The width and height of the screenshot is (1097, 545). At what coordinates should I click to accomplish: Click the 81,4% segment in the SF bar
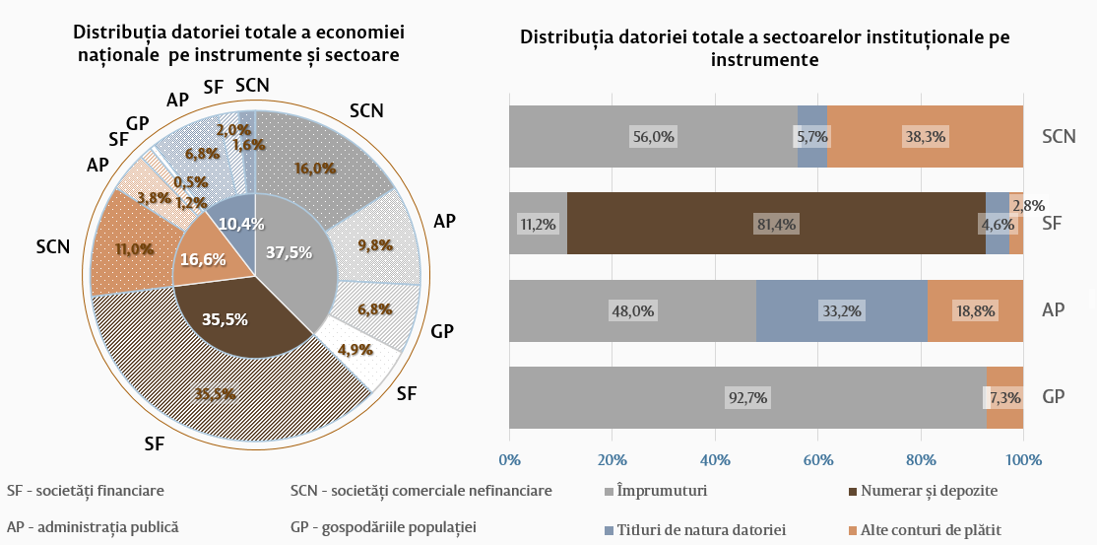click(776, 224)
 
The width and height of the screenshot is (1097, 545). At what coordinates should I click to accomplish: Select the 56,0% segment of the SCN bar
click(653, 137)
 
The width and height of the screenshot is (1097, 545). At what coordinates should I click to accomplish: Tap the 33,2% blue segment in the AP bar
click(841, 311)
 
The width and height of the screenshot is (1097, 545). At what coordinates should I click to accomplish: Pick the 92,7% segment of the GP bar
click(746, 398)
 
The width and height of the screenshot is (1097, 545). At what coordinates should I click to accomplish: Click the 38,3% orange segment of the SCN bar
click(925, 137)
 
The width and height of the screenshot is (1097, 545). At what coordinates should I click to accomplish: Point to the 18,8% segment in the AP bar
click(975, 311)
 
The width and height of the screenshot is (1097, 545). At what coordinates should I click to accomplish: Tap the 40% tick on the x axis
click(715, 459)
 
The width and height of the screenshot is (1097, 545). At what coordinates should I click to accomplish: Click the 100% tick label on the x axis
click(1023, 459)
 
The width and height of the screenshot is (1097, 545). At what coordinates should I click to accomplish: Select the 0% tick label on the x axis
click(509, 459)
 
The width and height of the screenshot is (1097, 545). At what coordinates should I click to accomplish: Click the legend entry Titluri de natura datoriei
click(700, 530)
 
